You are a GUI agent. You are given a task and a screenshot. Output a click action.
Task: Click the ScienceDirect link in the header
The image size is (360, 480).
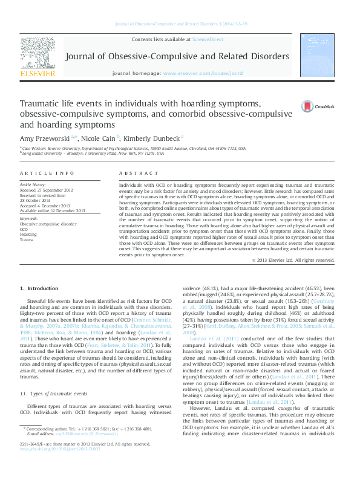click(x=207, y=39)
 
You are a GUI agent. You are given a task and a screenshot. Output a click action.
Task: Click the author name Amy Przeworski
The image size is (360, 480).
click(x=44, y=138)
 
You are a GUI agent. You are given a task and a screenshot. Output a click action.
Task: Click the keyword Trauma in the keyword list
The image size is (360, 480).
click(x=27, y=240)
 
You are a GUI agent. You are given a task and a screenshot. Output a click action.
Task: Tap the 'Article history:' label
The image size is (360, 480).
click(x=34, y=184)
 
